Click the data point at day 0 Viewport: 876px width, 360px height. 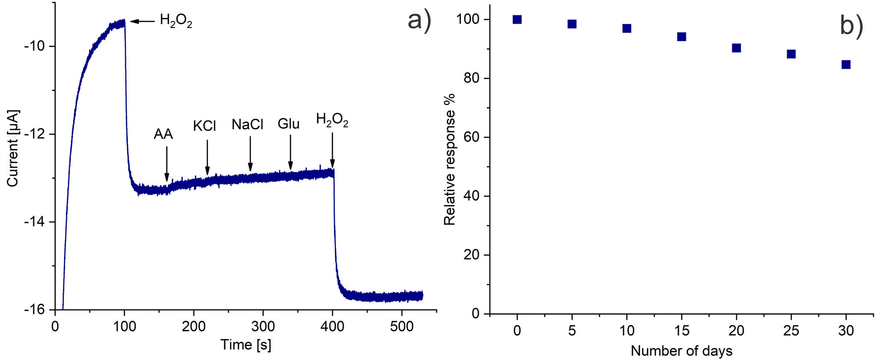click(x=517, y=19)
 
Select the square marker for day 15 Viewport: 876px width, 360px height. click(x=682, y=37)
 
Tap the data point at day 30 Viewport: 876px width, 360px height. click(x=846, y=65)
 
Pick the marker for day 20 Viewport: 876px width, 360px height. click(x=736, y=48)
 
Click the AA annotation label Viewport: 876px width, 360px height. click(x=163, y=134)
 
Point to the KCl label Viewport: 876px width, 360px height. click(x=204, y=126)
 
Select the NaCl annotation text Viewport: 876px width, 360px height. click(x=247, y=125)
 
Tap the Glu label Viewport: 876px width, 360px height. click(x=288, y=124)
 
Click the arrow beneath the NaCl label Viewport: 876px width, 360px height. click(x=250, y=154)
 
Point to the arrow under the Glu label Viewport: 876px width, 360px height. click(x=290, y=152)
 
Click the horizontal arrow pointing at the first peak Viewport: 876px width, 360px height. click(x=142, y=21)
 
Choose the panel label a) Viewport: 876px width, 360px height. click(x=419, y=20)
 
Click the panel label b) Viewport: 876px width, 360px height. click(x=851, y=25)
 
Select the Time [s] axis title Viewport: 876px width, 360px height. click(x=246, y=345)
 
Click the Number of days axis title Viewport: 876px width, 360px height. click(x=681, y=351)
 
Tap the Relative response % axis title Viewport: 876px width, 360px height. click(x=450, y=159)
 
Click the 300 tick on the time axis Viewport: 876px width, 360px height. click(x=263, y=326)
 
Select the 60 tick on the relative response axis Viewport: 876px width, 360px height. click(x=471, y=137)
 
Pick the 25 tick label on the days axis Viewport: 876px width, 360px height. click(x=791, y=331)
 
